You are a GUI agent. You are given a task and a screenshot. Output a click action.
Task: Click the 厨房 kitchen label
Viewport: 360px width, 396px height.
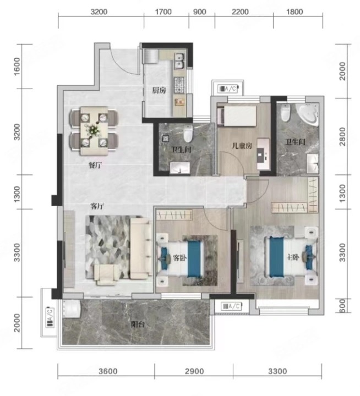pyautogui.click(x=159, y=90)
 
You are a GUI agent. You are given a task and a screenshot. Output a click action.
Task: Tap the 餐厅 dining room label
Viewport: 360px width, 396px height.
pyautogui.click(x=95, y=166)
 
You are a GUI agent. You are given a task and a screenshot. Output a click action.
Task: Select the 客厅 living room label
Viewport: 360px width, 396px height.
pyautogui.click(x=97, y=206)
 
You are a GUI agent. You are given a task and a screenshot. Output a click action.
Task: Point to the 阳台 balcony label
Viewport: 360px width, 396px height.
pyautogui.click(x=138, y=324)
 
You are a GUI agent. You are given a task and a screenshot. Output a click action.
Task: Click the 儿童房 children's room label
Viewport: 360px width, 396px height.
pyautogui.click(x=242, y=145)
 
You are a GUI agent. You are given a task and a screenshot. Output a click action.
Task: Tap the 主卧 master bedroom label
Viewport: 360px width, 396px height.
pyautogui.click(x=293, y=257)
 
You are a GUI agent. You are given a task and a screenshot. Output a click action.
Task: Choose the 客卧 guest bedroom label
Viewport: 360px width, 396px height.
pyautogui.click(x=179, y=258)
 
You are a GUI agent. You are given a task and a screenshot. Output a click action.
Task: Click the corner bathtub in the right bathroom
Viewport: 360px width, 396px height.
pyautogui.click(x=308, y=114)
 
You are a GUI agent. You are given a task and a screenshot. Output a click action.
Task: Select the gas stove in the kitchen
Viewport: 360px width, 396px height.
pyautogui.click(x=179, y=85)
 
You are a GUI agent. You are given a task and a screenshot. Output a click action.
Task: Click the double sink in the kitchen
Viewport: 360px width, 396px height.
pyautogui.click(x=179, y=61)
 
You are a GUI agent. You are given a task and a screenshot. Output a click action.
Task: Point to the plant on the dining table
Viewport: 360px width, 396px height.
pyautogui.click(x=94, y=130)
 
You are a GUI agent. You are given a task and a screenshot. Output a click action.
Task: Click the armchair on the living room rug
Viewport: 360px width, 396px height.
pyautogui.click(x=106, y=275)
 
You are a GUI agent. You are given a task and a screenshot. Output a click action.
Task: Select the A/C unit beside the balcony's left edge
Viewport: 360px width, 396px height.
pyautogui.click(x=50, y=317)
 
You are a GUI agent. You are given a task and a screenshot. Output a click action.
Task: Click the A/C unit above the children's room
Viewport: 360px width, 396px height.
pyautogui.click(x=228, y=89)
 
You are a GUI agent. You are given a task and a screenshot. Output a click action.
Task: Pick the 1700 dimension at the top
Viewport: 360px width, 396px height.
pyautogui.click(x=163, y=12)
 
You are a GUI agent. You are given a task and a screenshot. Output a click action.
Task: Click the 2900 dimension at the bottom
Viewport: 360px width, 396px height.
pyautogui.click(x=194, y=371)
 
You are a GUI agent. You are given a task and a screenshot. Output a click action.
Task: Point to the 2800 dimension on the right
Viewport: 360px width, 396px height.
pyautogui.click(x=342, y=136)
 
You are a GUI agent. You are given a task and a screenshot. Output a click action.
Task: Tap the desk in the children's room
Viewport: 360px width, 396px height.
pyautogui.click(x=264, y=154)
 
